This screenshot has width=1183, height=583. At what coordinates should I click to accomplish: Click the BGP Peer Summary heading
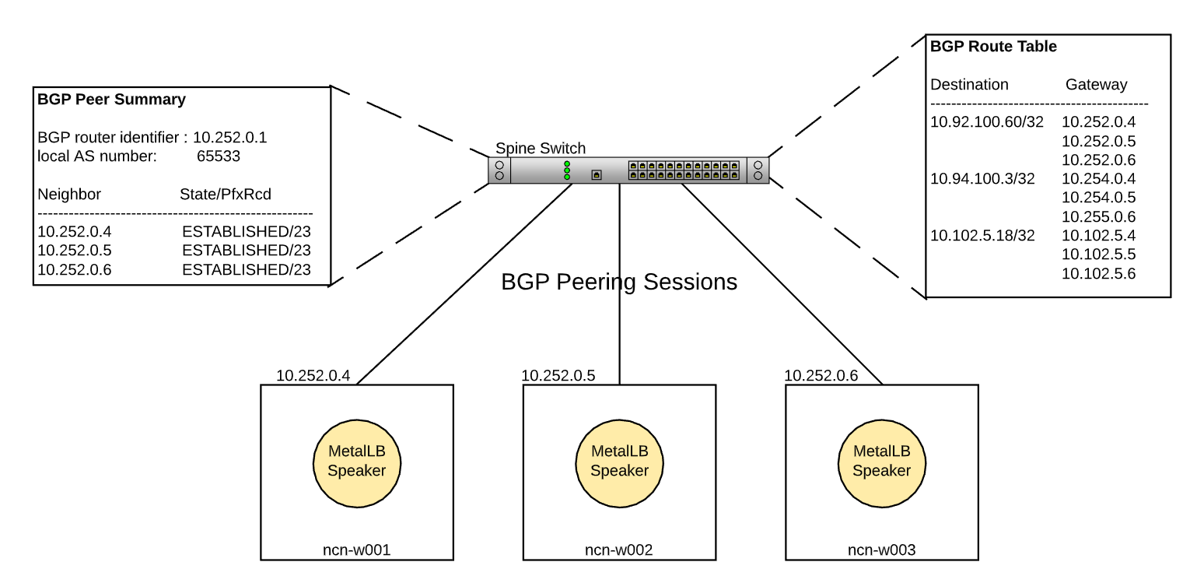point(111,100)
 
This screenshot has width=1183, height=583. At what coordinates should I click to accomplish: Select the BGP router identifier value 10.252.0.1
point(229,138)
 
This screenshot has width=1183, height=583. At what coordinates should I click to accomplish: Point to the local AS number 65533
point(219,156)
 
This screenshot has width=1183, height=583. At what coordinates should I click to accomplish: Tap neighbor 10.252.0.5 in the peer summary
point(75,251)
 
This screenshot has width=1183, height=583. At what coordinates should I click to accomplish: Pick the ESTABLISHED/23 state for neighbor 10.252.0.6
point(246,270)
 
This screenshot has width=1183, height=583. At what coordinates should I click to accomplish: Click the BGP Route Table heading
point(993,47)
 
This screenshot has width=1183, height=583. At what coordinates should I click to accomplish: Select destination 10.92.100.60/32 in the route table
point(986,122)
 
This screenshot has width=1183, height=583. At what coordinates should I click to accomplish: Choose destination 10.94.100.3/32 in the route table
point(982,179)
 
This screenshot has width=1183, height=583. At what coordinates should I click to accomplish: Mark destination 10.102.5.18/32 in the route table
point(982,236)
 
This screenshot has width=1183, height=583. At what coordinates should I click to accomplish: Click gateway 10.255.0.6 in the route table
point(1098,217)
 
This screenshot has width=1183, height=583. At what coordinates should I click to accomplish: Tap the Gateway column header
point(1096,85)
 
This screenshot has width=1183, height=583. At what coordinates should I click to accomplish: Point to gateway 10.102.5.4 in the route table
point(1098,236)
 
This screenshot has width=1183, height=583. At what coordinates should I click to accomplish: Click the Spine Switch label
point(541,149)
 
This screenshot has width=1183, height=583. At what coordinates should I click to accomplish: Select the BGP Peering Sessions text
point(619,282)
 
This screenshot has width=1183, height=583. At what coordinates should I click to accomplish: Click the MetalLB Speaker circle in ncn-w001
point(356,461)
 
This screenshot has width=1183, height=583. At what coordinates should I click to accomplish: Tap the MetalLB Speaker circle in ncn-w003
point(881,461)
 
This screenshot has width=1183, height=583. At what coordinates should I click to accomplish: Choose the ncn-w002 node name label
point(618,550)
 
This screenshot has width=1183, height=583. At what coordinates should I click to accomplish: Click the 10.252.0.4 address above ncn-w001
point(313,376)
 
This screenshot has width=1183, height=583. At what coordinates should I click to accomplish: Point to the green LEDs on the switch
point(567,170)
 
